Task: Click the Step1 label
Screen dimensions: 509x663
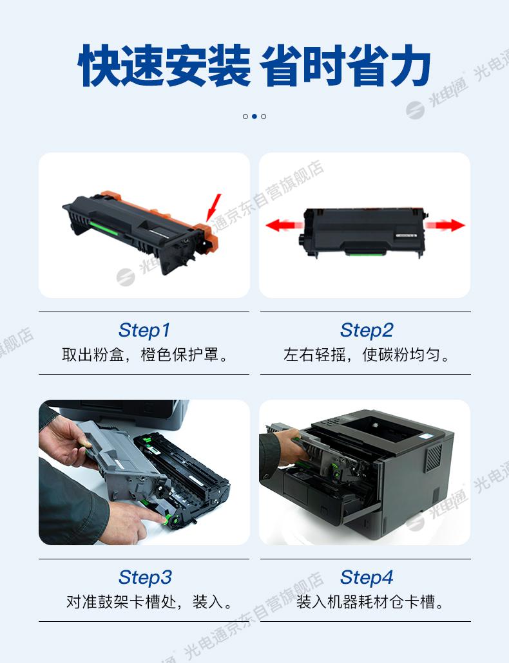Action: (x=144, y=330)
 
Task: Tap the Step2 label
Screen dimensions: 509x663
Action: (x=367, y=330)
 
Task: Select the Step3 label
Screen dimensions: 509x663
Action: (x=145, y=577)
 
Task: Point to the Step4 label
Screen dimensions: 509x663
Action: (x=367, y=577)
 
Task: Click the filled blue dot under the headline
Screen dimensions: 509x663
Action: (x=254, y=117)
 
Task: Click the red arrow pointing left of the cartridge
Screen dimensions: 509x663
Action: (x=283, y=225)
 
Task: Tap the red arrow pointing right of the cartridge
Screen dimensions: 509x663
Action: (x=445, y=225)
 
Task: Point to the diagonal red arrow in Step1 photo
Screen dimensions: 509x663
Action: (x=214, y=208)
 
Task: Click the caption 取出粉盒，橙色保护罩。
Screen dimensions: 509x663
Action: (x=145, y=355)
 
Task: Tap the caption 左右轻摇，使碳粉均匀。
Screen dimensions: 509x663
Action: (x=367, y=355)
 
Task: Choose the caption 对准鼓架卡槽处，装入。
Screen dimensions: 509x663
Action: (x=149, y=602)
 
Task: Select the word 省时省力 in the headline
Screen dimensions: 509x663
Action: (x=345, y=66)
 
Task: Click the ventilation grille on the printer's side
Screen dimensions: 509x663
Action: (x=433, y=458)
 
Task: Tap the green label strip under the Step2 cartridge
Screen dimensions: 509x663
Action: (x=365, y=253)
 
